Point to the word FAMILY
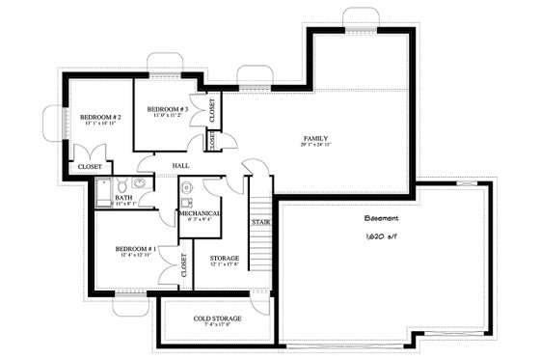pyautogui.click(x=315, y=138)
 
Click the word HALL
pyautogui.click(x=179, y=165)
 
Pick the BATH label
pyautogui.click(x=123, y=197)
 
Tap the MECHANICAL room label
pyautogui.click(x=200, y=212)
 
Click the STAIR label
pyautogui.click(x=259, y=222)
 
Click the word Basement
pyautogui.click(x=384, y=217)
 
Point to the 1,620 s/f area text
pyautogui.click(x=384, y=236)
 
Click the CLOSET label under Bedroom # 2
pyautogui.click(x=89, y=166)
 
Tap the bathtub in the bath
pyautogui.click(x=101, y=195)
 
